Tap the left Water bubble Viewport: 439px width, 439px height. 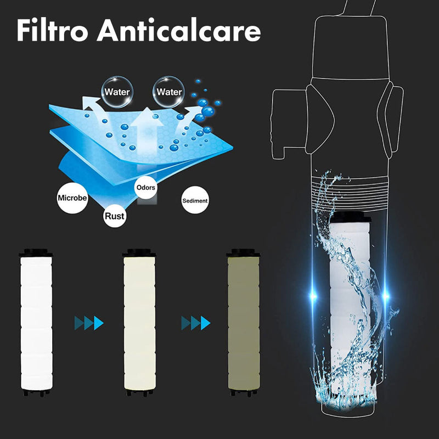[117, 92]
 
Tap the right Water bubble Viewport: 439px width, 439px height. [169, 92]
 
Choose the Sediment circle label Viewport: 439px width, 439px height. [195, 201]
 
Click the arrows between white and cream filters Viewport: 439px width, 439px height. [89, 323]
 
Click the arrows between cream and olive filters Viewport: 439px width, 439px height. [195, 323]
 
